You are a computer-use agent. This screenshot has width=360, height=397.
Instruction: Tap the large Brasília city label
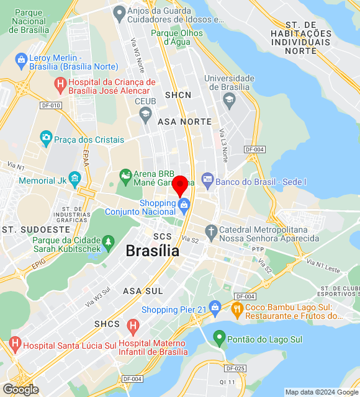[x=152, y=251]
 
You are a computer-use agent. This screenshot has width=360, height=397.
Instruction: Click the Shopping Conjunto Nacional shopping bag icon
[x=183, y=204]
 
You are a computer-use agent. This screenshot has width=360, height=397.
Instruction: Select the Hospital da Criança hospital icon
[x=60, y=83]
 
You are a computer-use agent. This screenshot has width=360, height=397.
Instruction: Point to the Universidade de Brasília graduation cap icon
[x=229, y=99]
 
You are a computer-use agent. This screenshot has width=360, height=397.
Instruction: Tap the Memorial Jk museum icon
[x=75, y=181]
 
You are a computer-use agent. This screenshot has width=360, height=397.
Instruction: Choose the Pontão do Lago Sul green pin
[x=218, y=339]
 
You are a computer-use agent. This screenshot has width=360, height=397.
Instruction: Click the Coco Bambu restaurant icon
[x=236, y=308]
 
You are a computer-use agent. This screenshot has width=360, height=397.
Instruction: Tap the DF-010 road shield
[x=50, y=105]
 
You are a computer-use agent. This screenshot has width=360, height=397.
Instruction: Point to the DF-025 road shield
[x=236, y=368]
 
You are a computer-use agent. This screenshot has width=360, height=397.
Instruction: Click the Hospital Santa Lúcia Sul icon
[x=16, y=343]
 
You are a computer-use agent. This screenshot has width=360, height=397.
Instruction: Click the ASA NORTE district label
[x=184, y=122]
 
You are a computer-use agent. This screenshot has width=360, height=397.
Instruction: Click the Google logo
[x=20, y=389]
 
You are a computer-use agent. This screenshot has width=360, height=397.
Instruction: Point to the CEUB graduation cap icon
[x=145, y=112]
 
